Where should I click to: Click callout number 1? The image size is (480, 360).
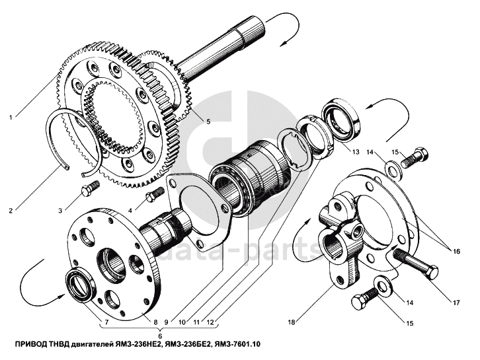pos(11,117)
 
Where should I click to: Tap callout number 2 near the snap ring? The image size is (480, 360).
pos(11,211)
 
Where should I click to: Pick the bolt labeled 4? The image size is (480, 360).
pos(154,194)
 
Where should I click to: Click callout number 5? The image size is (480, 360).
pos(208,122)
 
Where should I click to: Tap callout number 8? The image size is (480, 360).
pos(155,322)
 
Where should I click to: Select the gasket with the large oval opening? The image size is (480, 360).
pos(199,202)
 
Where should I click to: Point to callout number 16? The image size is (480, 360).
pos(456,252)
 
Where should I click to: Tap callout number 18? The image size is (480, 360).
pos(292,322)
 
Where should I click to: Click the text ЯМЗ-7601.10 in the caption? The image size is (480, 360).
pos(237,344)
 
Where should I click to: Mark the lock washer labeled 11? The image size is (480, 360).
pos(294,150)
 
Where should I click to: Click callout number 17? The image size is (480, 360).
pos(456,303)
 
